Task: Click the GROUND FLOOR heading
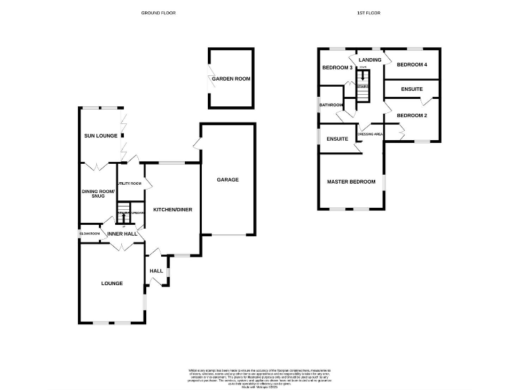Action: (158, 13)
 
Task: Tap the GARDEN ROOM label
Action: (231, 79)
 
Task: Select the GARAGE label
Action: (227, 179)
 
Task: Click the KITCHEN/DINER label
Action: (173, 210)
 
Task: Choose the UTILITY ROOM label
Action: (129, 183)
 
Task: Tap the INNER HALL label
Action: (122, 234)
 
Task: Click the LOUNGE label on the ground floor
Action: (112, 283)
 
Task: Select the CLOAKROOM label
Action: (89, 234)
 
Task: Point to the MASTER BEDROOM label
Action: (351, 181)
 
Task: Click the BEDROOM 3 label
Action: (337, 68)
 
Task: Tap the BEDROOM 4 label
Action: (412, 65)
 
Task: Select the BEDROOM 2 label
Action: (412, 115)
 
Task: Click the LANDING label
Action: (370, 60)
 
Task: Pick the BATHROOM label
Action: (332, 105)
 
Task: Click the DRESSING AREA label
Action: (370, 134)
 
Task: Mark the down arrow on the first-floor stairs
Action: (364, 78)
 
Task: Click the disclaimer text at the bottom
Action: (261, 376)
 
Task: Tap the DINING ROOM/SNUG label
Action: (99, 194)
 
